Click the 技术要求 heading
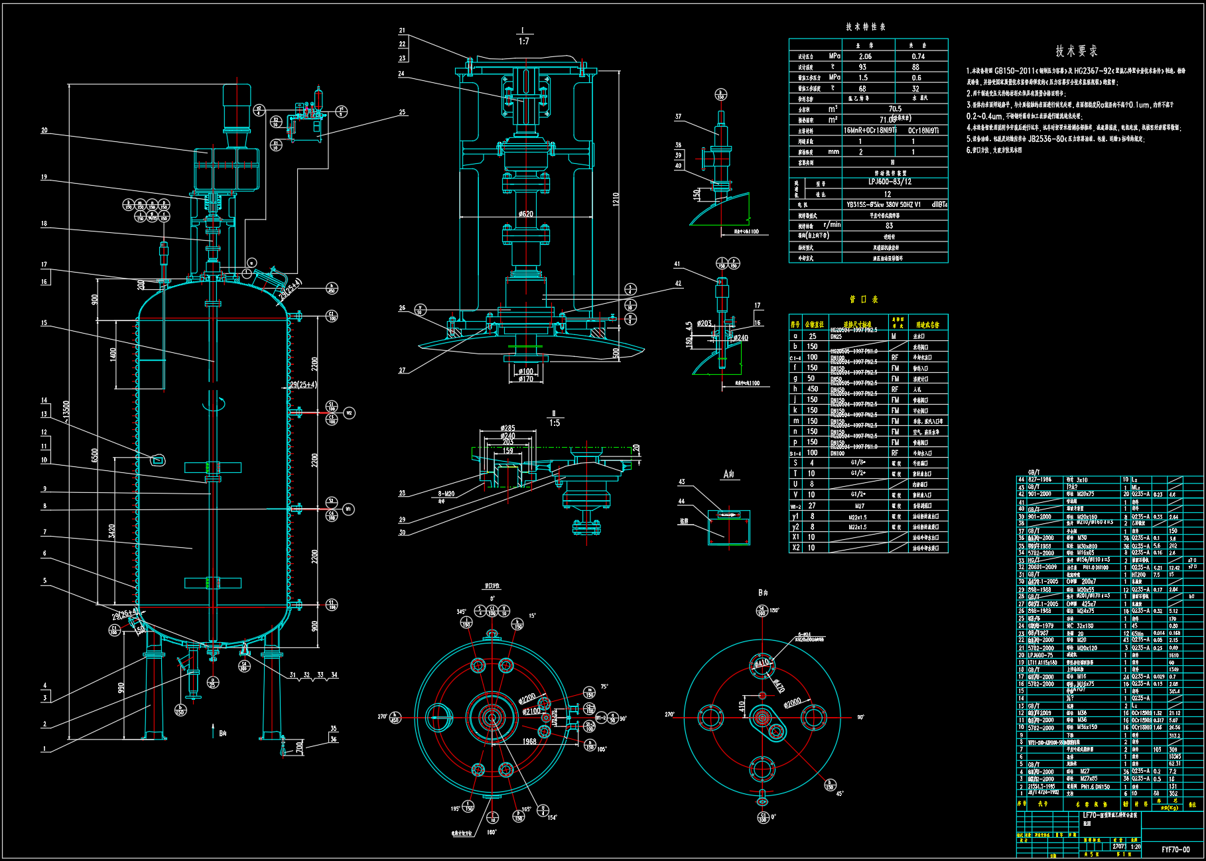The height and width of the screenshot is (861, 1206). pos(1076,51)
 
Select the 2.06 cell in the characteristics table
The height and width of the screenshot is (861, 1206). pos(865,56)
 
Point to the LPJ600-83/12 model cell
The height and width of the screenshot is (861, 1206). pos(890,182)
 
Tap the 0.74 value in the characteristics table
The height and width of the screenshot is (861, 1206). pos(918,56)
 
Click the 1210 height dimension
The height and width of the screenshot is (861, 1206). pos(616,199)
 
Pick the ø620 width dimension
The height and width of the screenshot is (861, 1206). pos(525,214)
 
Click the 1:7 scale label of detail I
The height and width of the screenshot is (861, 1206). pos(523,41)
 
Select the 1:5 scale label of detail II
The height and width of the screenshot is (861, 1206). pos(554,423)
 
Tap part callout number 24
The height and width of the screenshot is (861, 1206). pos(401,74)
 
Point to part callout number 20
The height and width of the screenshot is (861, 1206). pos(44,131)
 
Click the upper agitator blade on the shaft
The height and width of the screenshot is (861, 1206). pos(212,467)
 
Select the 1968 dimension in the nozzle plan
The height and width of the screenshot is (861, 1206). pos(529,742)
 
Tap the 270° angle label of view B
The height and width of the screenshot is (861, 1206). pos(669,714)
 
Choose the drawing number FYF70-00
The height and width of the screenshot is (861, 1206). pos(1175,850)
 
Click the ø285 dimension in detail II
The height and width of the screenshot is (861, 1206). pos(507,429)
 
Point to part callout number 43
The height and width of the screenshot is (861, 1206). pos(681,482)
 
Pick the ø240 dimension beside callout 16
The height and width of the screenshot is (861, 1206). pos(741,338)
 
